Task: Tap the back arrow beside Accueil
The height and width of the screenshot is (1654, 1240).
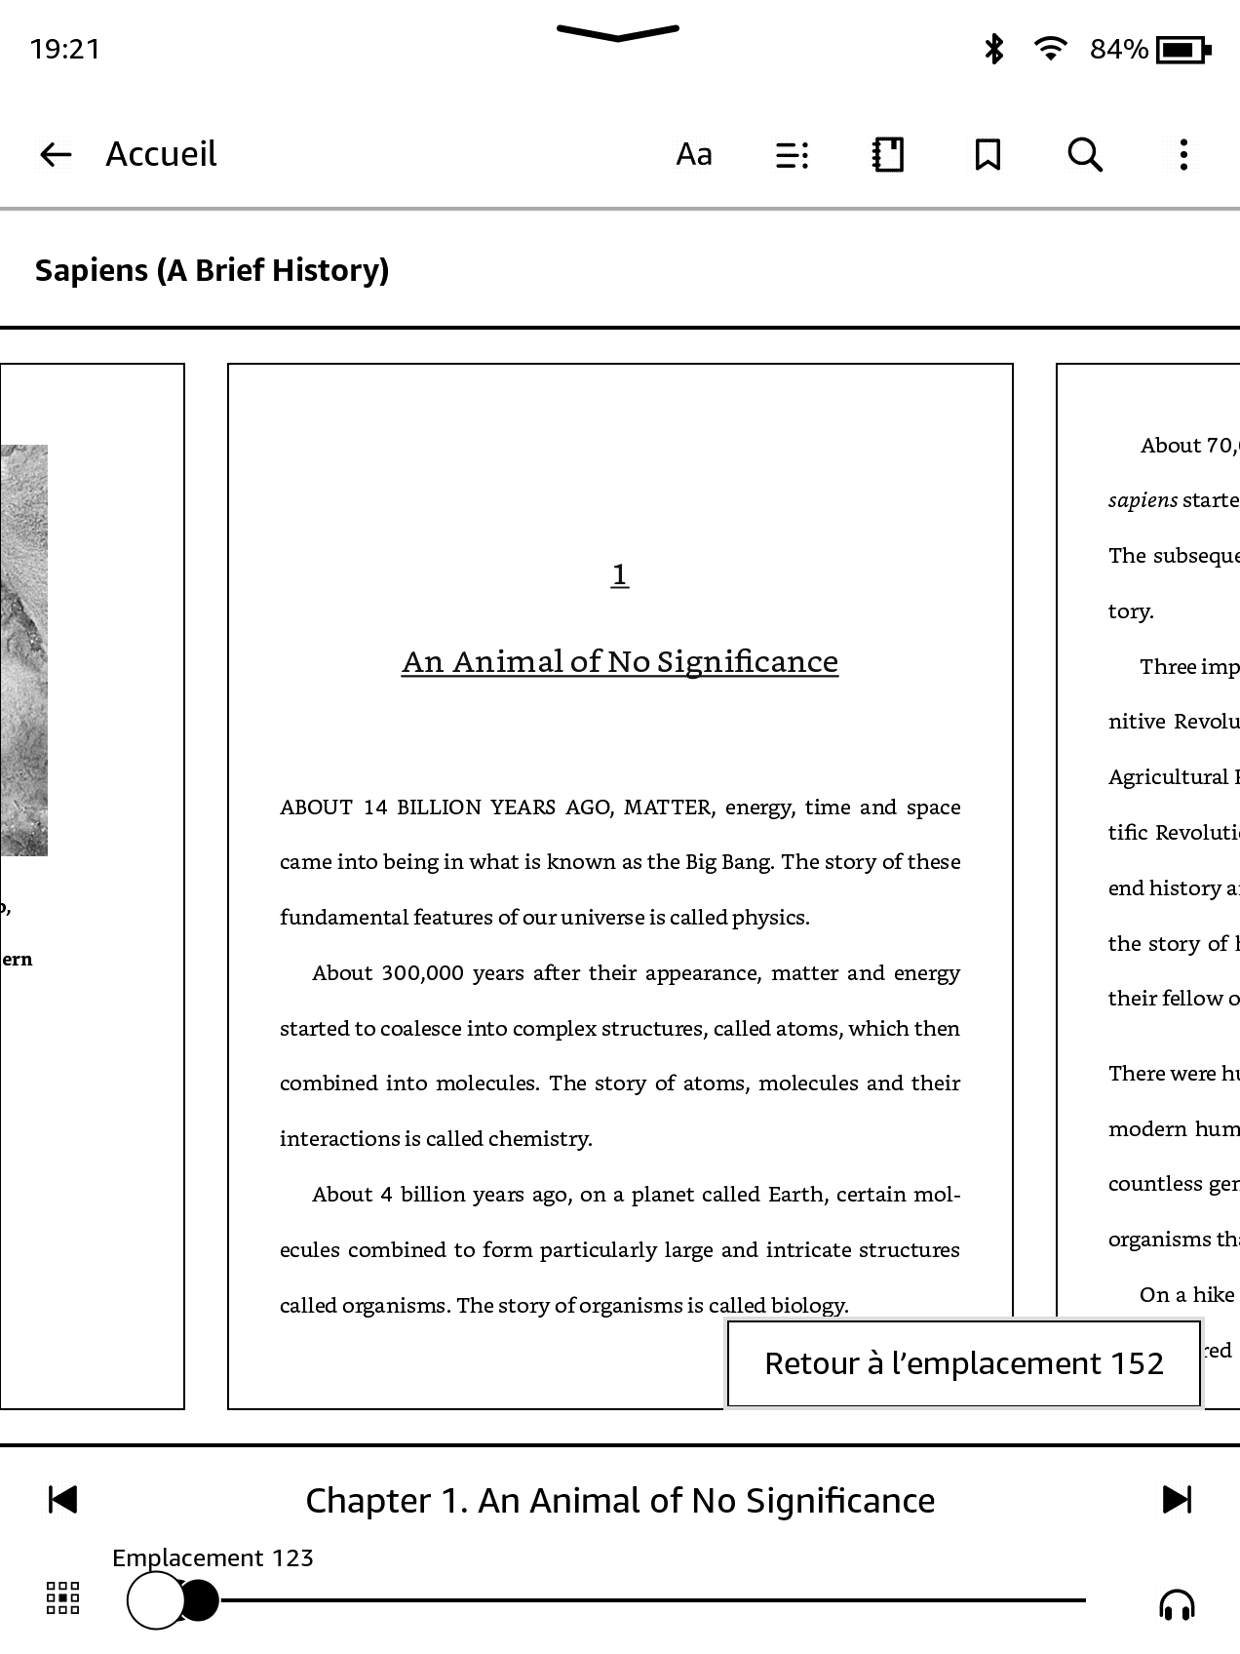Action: [56, 154]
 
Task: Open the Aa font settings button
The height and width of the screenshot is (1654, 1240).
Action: [694, 154]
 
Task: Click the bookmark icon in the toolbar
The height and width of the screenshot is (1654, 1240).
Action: [988, 154]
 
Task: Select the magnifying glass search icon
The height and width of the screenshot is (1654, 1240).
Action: [1085, 154]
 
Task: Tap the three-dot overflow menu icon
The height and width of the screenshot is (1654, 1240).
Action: [1183, 154]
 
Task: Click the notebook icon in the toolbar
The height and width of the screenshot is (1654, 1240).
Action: [888, 154]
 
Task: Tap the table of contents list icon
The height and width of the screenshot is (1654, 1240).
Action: [792, 155]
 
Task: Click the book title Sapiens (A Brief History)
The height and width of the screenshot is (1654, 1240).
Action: [212, 270]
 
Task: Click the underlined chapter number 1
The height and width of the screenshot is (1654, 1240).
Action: [619, 574]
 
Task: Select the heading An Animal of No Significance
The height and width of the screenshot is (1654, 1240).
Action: [620, 662]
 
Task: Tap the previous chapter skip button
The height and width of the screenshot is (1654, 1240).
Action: [62, 1500]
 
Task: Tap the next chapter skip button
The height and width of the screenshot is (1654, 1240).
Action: [1177, 1500]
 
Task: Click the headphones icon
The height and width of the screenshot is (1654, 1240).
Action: [1177, 1604]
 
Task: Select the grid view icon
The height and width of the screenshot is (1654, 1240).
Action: [63, 1598]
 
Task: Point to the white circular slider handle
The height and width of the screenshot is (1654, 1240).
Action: [155, 1600]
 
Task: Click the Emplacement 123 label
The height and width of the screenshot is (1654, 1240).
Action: [213, 1557]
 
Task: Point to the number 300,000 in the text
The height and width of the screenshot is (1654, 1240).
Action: [422, 973]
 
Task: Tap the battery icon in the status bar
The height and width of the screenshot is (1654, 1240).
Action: [1182, 49]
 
